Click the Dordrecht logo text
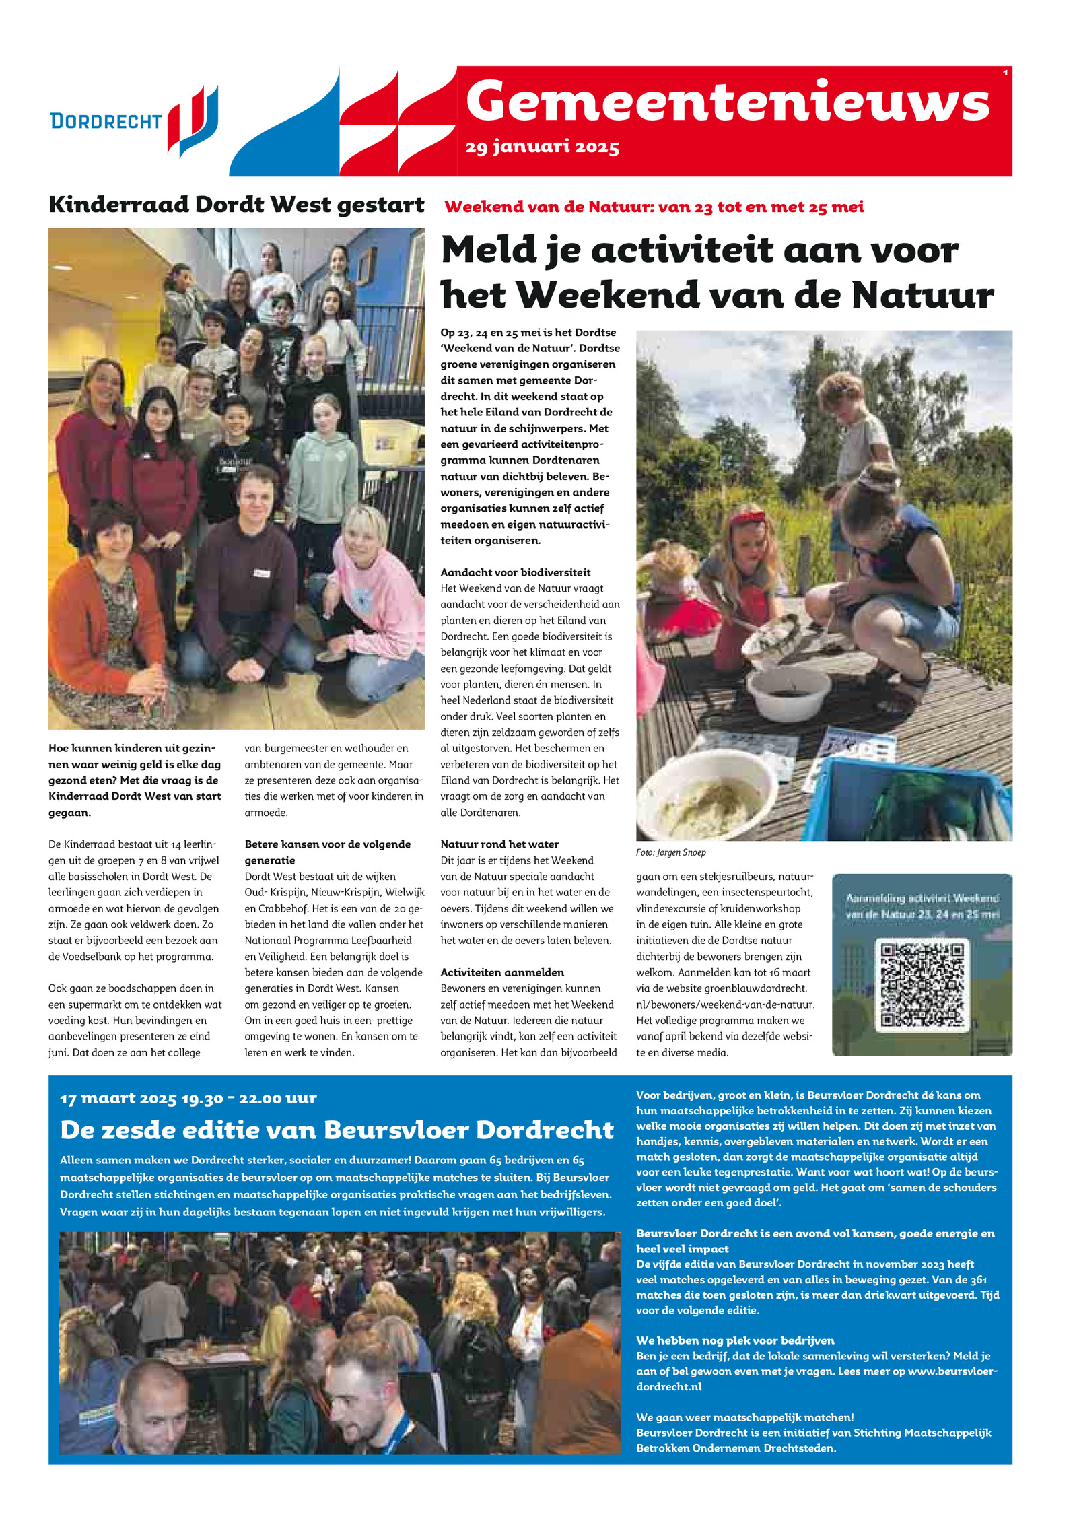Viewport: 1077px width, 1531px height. (106, 121)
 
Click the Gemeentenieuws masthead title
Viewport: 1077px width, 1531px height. (727, 102)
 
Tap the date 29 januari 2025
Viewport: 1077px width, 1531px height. (542, 147)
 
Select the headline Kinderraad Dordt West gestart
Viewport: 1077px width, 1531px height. (236, 205)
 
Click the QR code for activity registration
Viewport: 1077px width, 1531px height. (922, 985)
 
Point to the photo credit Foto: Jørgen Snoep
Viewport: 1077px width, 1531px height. (670, 852)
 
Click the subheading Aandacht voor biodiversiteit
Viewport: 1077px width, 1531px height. (515, 572)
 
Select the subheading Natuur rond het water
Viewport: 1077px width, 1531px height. (499, 844)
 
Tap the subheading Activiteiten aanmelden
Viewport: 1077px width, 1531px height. (502, 972)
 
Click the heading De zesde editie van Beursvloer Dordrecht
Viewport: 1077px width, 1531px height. (337, 1130)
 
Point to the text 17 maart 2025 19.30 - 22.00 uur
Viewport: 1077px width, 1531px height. (188, 1098)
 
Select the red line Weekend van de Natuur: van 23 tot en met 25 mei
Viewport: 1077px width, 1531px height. (654, 207)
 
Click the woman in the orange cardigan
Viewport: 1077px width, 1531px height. (108, 606)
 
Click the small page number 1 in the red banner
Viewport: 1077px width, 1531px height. (1005, 73)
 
